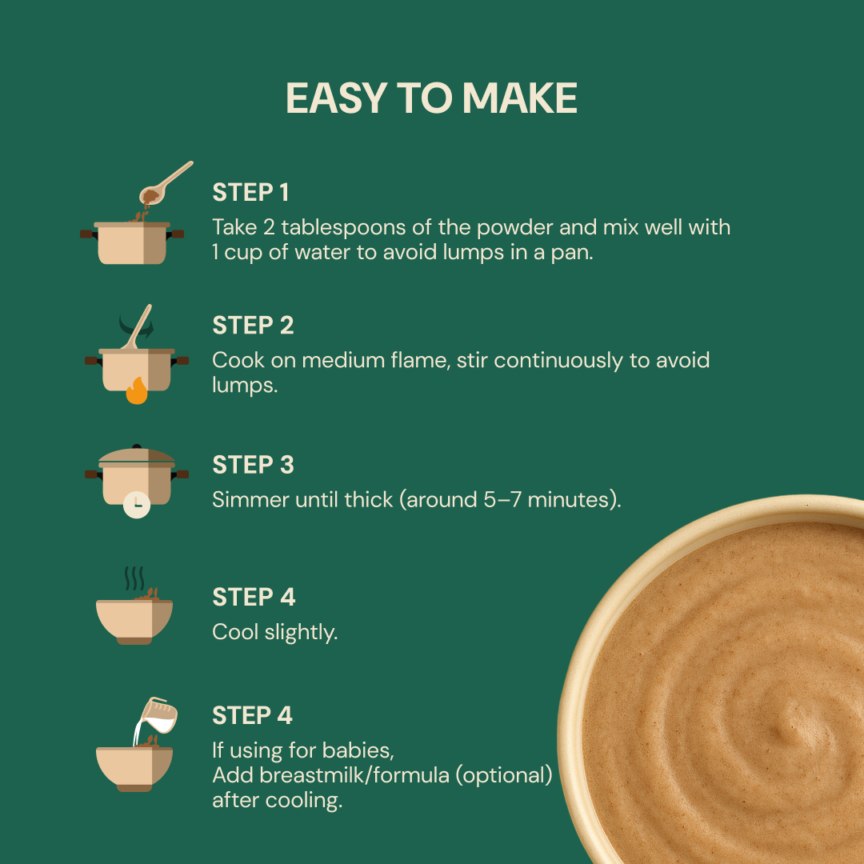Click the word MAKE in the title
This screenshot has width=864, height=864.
coord(520,98)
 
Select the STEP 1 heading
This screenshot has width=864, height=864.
coord(250,192)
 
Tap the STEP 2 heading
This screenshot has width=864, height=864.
coord(253,325)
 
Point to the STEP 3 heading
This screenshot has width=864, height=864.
coord(253,465)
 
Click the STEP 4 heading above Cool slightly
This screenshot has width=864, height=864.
coord(254,597)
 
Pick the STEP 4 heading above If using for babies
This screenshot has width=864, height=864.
coord(252,715)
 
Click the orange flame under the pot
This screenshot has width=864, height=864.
coord(137,390)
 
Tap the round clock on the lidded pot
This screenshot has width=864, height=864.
coord(137,505)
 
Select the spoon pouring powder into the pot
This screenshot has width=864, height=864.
coord(166,183)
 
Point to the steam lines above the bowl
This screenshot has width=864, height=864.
coord(134,578)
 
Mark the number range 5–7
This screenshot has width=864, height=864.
coord(502,500)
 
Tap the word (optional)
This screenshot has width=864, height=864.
coord(504,775)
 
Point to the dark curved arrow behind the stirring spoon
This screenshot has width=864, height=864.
coord(136,326)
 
